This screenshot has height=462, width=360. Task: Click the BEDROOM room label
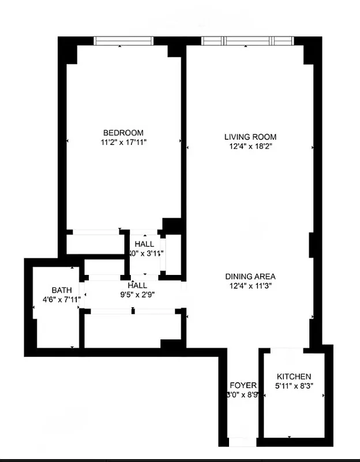pyautogui.click(x=123, y=132)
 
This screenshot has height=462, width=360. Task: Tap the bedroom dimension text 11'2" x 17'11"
pyautogui.click(x=123, y=141)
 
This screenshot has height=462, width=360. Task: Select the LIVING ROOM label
pyautogui.click(x=250, y=137)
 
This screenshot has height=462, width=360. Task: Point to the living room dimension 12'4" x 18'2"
pyautogui.click(x=250, y=146)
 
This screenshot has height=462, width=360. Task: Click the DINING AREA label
pyautogui.click(x=250, y=276)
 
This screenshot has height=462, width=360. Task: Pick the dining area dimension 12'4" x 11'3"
pyautogui.click(x=250, y=285)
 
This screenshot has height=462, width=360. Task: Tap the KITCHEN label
pyautogui.click(x=294, y=377)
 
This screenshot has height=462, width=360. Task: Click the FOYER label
pyautogui.click(x=243, y=386)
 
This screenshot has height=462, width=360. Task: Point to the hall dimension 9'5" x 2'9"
pyautogui.click(x=137, y=294)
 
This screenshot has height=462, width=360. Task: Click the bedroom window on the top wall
pyautogui.click(x=124, y=40)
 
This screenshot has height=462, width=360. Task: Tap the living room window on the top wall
pyautogui.click(x=247, y=40)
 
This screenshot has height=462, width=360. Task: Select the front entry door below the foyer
pyautogui.click(x=242, y=442)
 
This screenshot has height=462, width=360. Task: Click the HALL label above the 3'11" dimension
pyautogui.click(x=144, y=244)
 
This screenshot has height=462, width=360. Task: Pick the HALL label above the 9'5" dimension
pyautogui.click(x=137, y=285)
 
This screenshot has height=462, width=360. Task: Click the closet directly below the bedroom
pyautogui.click(x=95, y=243)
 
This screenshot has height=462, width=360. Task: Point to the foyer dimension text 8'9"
pyautogui.click(x=243, y=395)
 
